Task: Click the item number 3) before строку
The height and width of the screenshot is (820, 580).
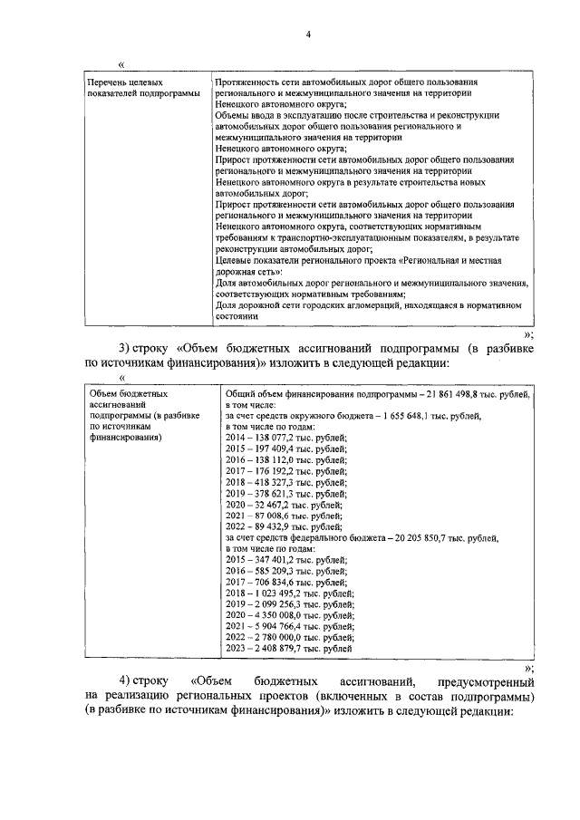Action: click(x=125, y=349)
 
